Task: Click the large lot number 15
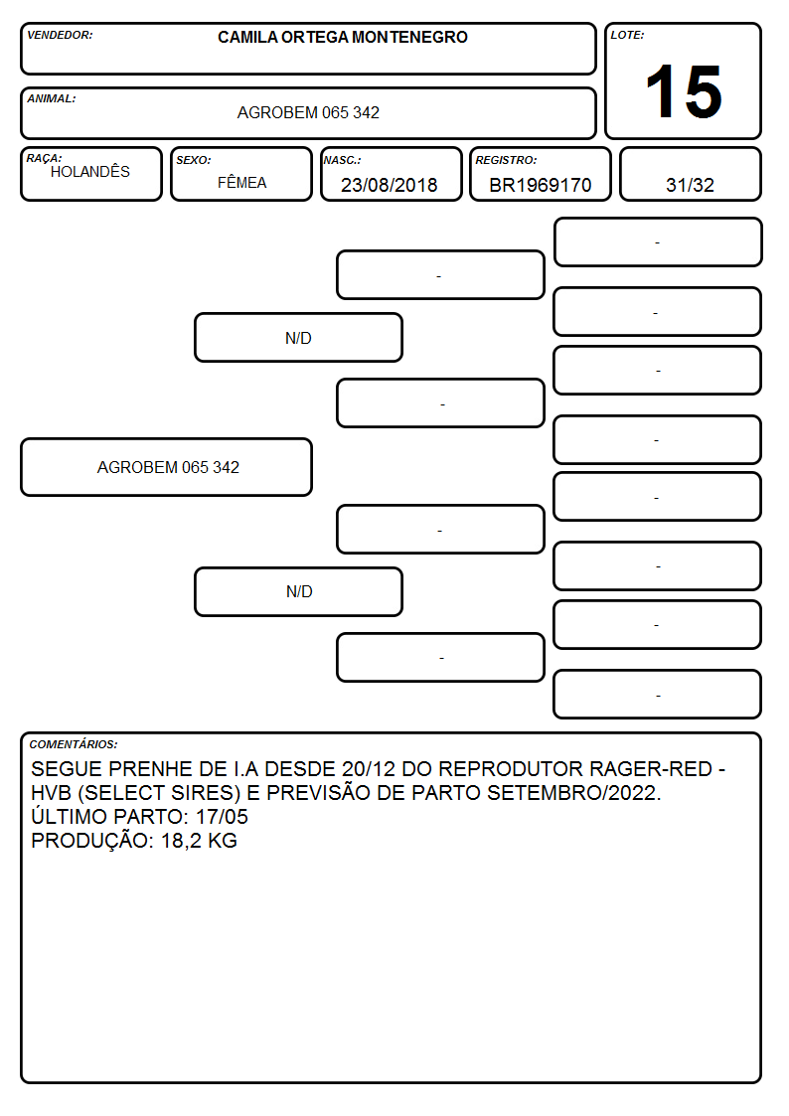(684, 91)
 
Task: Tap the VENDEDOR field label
(60, 35)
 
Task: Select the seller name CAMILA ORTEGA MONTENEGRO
(343, 37)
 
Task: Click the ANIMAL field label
(52, 98)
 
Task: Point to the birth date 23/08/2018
(390, 185)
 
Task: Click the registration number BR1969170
(540, 185)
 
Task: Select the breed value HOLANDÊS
(90, 171)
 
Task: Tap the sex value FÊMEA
(241, 182)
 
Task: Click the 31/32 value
(690, 185)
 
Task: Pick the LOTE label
(627, 35)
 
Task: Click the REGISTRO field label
(507, 160)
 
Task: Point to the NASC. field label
(342, 160)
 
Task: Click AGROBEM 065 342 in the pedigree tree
(168, 467)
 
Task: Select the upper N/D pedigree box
(298, 338)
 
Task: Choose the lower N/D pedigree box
(298, 591)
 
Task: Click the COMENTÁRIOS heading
(74, 744)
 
